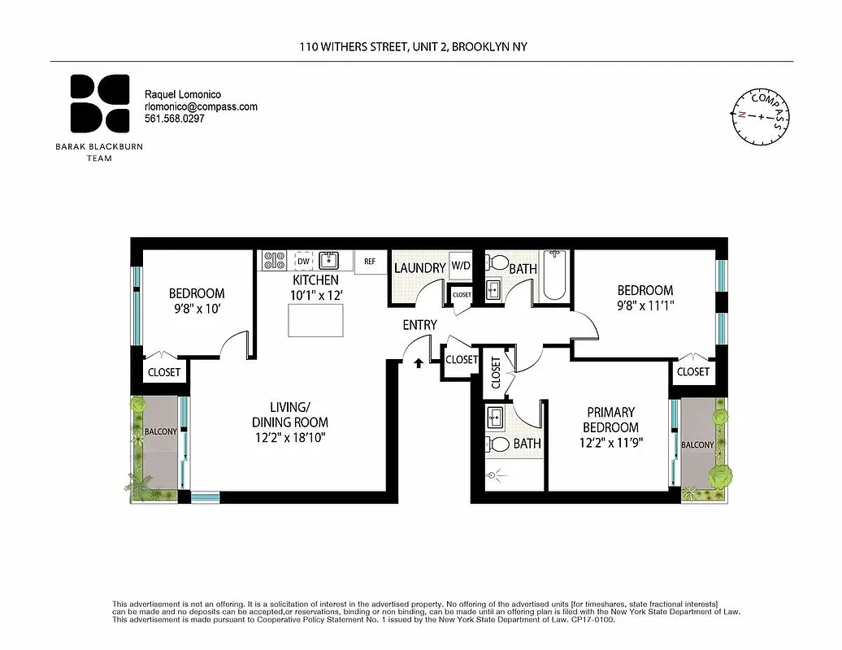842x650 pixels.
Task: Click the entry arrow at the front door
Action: tap(419, 363)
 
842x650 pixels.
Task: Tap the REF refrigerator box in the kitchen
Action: tap(370, 262)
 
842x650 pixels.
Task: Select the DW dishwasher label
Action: tap(302, 262)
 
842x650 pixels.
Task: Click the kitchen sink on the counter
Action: tap(329, 260)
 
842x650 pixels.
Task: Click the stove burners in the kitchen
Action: tap(274, 260)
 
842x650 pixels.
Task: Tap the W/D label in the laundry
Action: tap(461, 266)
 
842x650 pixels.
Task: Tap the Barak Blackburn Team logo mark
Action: tap(98, 103)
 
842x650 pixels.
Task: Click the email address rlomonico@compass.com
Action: tap(201, 106)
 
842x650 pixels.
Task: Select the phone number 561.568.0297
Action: tap(174, 119)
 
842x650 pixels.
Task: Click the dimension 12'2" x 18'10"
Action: tap(289, 437)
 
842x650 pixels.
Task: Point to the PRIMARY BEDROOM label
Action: tap(610, 420)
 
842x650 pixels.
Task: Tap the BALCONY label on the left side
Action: tap(160, 431)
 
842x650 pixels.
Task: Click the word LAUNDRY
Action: tap(419, 268)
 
